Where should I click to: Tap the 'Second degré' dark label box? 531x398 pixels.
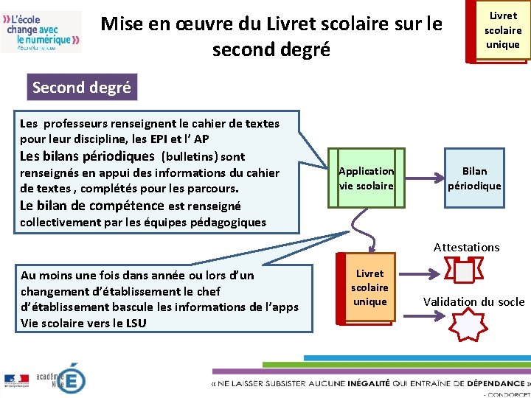click(x=81, y=88)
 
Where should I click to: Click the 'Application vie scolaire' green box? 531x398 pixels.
click(x=367, y=178)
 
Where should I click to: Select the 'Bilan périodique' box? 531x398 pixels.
click(x=474, y=178)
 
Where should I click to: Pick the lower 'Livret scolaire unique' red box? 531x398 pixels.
click(x=369, y=288)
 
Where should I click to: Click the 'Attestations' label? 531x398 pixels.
click(x=466, y=248)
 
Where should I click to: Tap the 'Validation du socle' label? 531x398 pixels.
click(x=473, y=301)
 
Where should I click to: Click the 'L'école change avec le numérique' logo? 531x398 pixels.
click(x=41, y=31)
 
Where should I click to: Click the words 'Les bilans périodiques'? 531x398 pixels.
click(x=88, y=156)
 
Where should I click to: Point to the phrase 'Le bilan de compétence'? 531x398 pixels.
click(x=91, y=206)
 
